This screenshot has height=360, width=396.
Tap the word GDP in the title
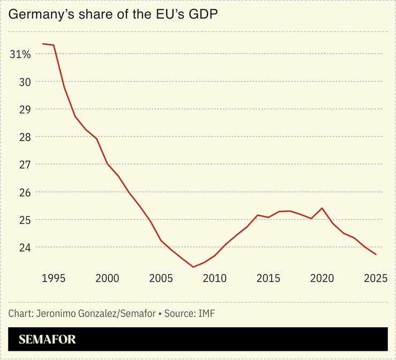tap(204, 16)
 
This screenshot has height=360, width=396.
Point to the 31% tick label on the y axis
tap(20, 54)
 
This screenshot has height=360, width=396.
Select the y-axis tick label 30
tap(25, 82)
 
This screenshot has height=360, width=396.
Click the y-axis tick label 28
tap(25, 137)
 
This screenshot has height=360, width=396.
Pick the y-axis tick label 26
tap(25, 193)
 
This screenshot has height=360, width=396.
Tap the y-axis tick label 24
tap(25, 248)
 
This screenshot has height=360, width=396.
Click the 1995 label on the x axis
tap(54, 278)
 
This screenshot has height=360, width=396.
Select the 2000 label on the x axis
tap(107, 278)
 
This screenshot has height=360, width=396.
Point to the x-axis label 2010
tap(215, 278)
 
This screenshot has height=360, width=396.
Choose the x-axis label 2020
tap(322, 278)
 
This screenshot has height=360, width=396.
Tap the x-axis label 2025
tap(376, 278)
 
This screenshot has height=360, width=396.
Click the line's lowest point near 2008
tap(193, 267)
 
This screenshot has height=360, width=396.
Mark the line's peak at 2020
tap(322, 208)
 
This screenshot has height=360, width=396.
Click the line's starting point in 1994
tap(43, 43)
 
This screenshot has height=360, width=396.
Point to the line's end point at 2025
tap(376, 254)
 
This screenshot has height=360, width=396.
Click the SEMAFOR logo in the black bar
tap(47, 340)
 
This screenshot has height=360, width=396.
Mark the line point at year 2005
tap(161, 240)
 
